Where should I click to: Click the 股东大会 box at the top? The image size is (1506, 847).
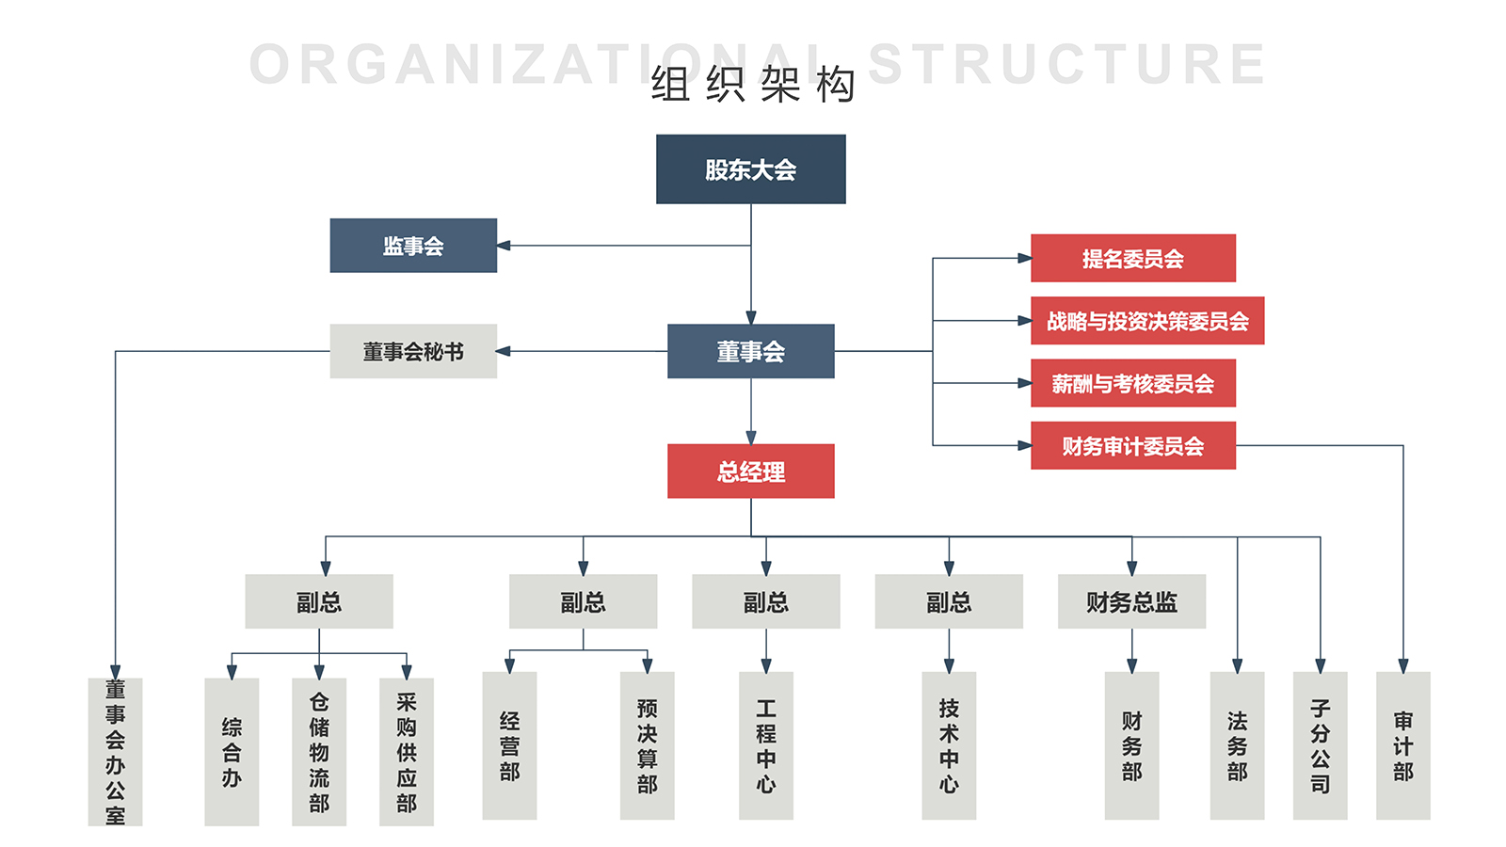(750, 169)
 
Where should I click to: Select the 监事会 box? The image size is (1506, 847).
(413, 246)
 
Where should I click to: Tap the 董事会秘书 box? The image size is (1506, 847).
(413, 351)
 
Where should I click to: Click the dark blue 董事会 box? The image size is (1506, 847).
(750, 351)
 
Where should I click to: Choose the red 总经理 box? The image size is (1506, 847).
(750, 471)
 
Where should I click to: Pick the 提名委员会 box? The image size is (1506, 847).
(1132, 258)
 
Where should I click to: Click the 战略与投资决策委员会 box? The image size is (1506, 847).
(1146, 321)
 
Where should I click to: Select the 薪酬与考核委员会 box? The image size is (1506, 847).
(1132, 383)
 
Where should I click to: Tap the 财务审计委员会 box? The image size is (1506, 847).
(1132, 445)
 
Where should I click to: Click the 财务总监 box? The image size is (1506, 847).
(1131, 601)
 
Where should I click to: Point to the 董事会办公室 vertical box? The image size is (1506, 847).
(115, 751)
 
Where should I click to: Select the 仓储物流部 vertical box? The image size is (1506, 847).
(319, 751)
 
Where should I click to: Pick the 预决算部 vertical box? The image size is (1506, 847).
(647, 745)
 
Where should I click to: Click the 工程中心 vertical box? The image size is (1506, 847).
(765, 745)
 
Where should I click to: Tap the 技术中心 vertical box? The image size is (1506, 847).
(949, 745)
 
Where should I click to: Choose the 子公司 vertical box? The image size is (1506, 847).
(1320, 745)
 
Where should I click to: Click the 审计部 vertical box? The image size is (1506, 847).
(1402, 745)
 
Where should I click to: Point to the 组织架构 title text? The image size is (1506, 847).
(753, 85)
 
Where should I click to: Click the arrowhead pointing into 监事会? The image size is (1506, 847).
(504, 246)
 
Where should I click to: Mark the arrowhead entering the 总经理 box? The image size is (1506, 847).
(751, 438)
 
